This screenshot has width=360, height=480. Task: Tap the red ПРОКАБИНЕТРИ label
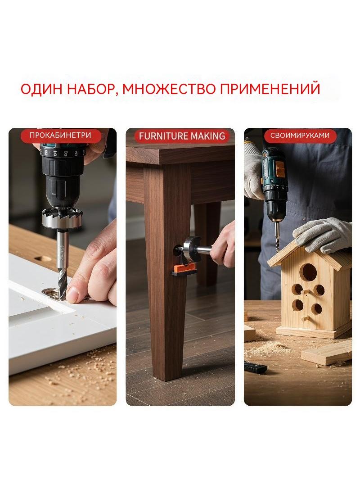(60, 136)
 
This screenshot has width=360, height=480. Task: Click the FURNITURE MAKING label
(182, 136)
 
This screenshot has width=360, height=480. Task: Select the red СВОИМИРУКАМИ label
(300, 136)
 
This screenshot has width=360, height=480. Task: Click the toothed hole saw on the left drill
(62, 217)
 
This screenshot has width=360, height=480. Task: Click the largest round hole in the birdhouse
(308, 272)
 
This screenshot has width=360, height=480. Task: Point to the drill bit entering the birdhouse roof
(277, 237)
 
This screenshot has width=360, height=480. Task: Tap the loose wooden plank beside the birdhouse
(326, 353)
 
